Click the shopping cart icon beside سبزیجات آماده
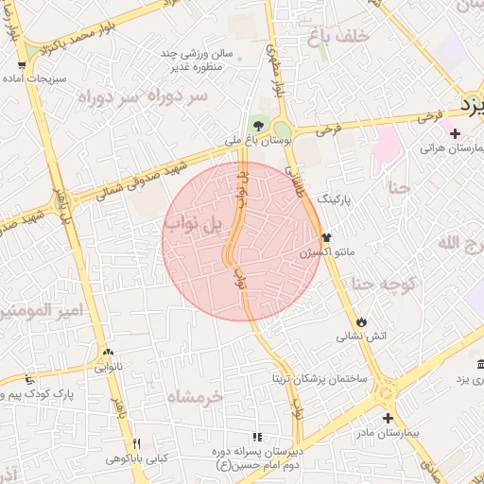coord(21,65)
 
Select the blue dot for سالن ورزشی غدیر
coord(239,59)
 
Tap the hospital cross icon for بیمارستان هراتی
coord(456,133)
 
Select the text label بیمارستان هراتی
coord(443,148)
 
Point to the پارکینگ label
coord(338,200)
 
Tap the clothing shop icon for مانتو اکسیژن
coord(326,237)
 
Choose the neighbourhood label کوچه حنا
coord(379,283)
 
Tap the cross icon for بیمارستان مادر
coord(388,418)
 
